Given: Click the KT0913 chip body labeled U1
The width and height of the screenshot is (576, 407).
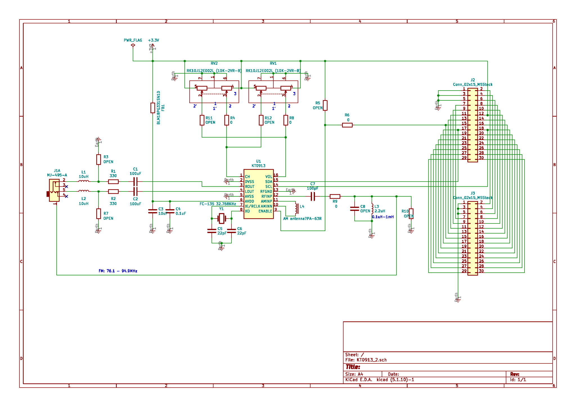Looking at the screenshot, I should [x=258, y=194].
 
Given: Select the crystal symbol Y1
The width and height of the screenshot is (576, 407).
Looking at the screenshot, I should [x=222, y=218].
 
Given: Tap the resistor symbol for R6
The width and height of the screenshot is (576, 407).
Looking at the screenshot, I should [x=347, y=125].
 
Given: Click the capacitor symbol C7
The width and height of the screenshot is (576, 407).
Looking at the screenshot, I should [x=312, y=196].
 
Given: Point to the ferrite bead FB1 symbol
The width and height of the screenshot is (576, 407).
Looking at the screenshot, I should [x=153, y=108].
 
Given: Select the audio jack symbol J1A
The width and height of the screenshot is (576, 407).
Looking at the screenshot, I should [x=54, y=190].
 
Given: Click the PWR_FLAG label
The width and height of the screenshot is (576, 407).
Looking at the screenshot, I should [x=133, y=40].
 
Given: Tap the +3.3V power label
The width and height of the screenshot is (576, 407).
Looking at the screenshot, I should [x=153, y=40].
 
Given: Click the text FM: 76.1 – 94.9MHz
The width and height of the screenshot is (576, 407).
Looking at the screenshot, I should [x=118, y=271].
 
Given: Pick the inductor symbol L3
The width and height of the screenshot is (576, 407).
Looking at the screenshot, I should [x=372, y=209].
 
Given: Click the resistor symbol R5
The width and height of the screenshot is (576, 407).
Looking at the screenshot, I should [x=325, y=105].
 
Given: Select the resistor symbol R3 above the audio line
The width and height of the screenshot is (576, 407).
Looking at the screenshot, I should [x=98, y=159].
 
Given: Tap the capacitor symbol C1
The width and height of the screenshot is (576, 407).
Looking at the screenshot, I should [x=135, y=182].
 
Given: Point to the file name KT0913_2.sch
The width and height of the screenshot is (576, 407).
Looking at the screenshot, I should [x=371, y=360].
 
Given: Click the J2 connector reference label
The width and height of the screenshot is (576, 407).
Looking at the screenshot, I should [x=472, y=80].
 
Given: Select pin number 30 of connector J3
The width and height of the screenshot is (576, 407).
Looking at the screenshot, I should [x=481, y=271].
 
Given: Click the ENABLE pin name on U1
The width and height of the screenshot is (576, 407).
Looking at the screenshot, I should [x=265, y=211].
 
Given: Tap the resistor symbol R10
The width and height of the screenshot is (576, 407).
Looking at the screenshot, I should [x=411, y=214].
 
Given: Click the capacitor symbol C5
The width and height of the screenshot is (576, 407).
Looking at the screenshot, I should [x=212, y=231].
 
